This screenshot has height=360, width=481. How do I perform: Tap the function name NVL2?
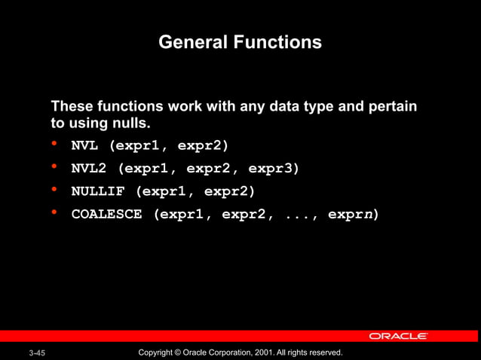(x=89, y=168)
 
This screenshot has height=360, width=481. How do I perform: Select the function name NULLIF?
(x=98, y=191)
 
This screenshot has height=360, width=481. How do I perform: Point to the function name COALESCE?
(x=106, y=214)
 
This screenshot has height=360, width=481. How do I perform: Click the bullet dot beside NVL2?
(x=54, y=166)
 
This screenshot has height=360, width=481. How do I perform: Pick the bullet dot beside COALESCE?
(x=54, y=212)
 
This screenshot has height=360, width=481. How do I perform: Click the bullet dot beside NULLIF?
(x=54, y=189)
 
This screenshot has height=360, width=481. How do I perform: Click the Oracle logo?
(x=398, y=336)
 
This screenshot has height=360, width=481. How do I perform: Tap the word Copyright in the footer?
(x=158, y=352)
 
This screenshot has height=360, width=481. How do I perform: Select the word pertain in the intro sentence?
(x=393, y=106)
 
